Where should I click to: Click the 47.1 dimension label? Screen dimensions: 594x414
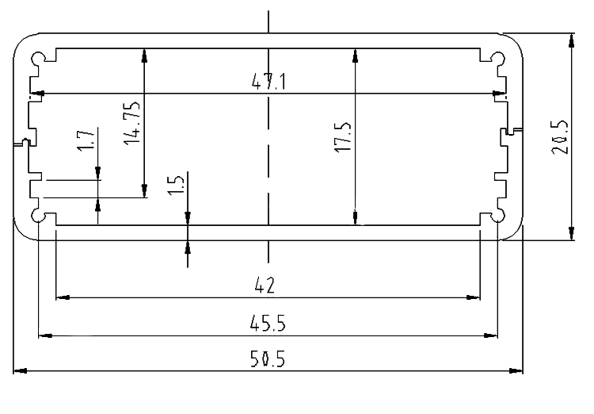coord(268,82)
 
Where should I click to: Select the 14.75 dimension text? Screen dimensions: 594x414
coord(131,123)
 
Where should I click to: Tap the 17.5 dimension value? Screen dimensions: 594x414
coord(343,137)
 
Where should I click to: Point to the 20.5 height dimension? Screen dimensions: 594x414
coord(559,137)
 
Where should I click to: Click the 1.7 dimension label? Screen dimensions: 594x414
coord(86,140)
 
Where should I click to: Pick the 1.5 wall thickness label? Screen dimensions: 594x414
coord(176,185)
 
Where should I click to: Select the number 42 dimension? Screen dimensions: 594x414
coord(265,285)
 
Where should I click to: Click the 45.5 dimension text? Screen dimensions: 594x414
coord(268,324)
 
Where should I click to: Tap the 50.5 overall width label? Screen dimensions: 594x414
coord(268,359)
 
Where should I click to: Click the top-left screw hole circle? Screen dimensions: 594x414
coord(38,59)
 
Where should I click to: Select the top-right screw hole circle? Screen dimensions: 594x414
coord(498,59)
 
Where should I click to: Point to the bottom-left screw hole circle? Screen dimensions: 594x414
coord(38,215)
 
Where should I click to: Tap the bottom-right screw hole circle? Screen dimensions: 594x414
coord(498,215)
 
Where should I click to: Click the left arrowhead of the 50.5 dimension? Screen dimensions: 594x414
coord(20,370)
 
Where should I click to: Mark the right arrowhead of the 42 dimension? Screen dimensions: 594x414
coord(474,298)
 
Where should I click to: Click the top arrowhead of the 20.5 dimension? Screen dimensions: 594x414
coord(572,40)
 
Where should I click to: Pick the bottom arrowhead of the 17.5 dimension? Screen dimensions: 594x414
coord(355,218)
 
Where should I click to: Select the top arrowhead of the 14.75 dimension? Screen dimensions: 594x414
coord(144,56)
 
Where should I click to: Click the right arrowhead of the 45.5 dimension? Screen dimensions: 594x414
coord(491,335)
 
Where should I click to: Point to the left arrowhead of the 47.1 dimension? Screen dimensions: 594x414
coord(37,94)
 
